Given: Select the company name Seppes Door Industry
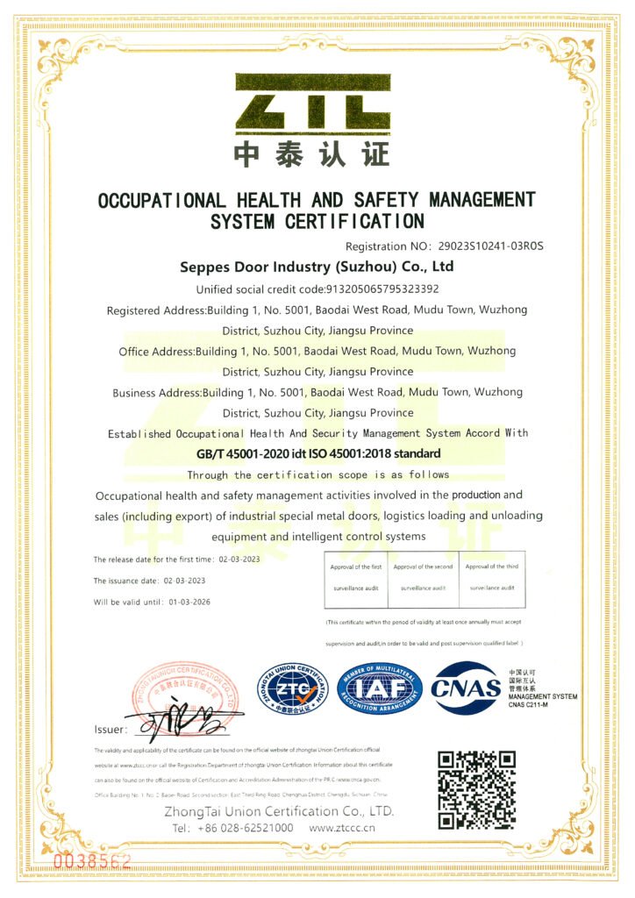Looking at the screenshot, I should (317, 267).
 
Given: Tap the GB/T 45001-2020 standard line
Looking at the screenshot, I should (318, 454).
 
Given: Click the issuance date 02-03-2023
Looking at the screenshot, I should (184, 581).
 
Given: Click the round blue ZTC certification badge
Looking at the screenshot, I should (291, 688).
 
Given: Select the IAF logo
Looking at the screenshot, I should (380, 688).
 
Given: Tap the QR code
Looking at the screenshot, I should (476, 789).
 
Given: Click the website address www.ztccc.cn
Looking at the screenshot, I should (343, 828).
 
